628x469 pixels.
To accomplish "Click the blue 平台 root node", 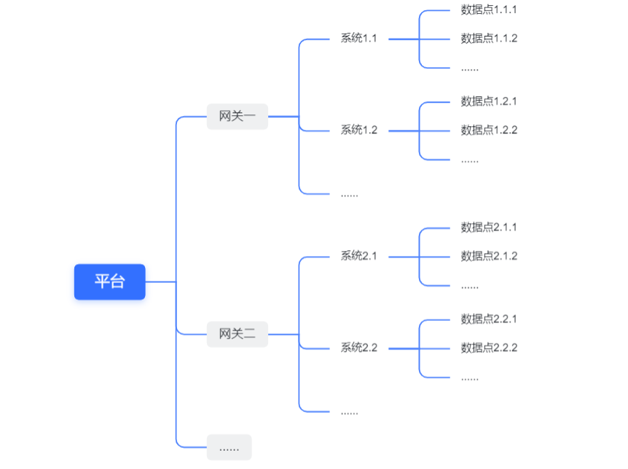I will pyautogui.click(x=109, y=282).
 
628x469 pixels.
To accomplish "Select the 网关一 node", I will pyautogui.click(x=238, y=116).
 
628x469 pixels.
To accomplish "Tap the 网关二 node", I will pyautogui.click(x=238, y=335).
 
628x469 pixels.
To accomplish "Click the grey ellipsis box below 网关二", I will pyautogui.click(x=229, y=447).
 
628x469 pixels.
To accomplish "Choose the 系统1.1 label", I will pyautogui.click(x=358, y=39).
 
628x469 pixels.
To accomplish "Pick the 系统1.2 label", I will pyautogui.click(x=358, y=131).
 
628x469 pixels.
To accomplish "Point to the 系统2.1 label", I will pyautogui.click(x=358, y=256).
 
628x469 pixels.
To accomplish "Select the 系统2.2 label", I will pyautogui.click(x=358, y=348).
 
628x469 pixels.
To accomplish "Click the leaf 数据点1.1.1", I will pyautogui.click(x=489, y=9).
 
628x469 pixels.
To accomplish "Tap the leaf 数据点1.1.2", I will pyautogui.click(x=489, y=39).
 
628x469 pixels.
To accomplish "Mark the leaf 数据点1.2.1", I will pyautogui.click(x=489, y=101).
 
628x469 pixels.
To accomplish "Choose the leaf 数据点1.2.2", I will pyautogui.click(x=489, y=131).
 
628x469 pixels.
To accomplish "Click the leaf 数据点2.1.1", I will pyautogui.click(x=489, y=228).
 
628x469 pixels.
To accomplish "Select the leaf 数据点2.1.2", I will pyautogui.click(x=489, y=256).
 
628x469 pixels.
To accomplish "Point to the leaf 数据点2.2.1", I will pyautogui.click(x=489, y=319).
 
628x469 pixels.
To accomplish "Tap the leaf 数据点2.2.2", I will pyautogui.click(x=489, y=348).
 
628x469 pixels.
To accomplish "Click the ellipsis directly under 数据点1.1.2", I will pyautogui.click(x=470, y=68).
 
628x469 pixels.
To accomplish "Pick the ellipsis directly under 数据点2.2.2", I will pyautogui.click(x=470, y=377).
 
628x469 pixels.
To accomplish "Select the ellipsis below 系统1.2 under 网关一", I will pyautogui.click(x=349, y=194).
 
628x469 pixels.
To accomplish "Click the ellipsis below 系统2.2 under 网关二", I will pyautogui.click(x=349, y=411).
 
